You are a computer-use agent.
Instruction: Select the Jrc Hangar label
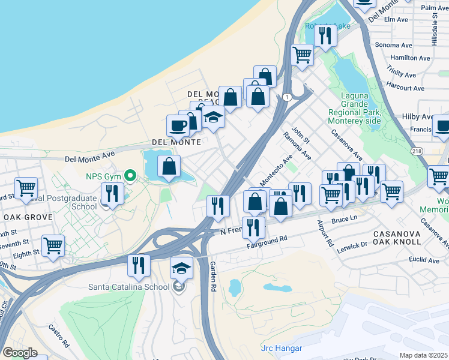[282, 348]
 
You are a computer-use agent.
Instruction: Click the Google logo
[20, 353]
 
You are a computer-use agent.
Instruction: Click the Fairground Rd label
[267, 242]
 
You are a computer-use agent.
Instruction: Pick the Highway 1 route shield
[288, 97]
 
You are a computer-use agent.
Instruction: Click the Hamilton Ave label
[410, 58]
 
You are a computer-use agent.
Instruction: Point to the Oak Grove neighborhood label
[23, 217]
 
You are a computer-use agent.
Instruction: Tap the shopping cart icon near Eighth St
[53, 246]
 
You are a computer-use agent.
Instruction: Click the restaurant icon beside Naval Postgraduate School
[112, 194]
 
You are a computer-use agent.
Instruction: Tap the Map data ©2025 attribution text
[423, 355]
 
